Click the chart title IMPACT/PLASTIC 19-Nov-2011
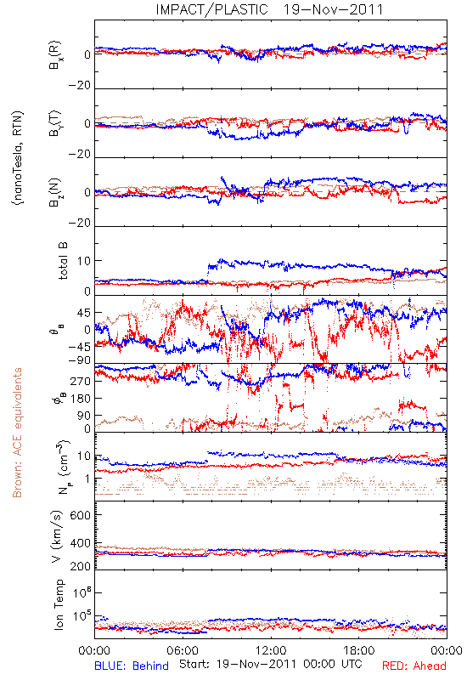(x=269, y=9)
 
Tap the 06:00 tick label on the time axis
(x=183, y=650)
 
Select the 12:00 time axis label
(x=271, y=650)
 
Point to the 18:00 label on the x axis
(x=359, y=650)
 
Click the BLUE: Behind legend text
(x=132, y=666)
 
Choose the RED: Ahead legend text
(x=414, y=666)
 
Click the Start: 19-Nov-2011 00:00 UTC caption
(x=271, y=664)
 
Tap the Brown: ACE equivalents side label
(x=17, y=433)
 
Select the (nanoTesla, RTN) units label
(x=18, y=158)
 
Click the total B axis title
(x=63, y=261)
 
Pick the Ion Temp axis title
(x=59, y=604)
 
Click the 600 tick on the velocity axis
(x=81, y=515)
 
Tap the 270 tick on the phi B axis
(x=81, y=381)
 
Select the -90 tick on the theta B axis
(x=78, y=360)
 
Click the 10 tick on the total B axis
(x=84, y=261)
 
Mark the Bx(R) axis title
(x=55, y=55)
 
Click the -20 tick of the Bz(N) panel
(x=79, y=223)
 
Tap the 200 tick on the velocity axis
(x=81, y=566)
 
